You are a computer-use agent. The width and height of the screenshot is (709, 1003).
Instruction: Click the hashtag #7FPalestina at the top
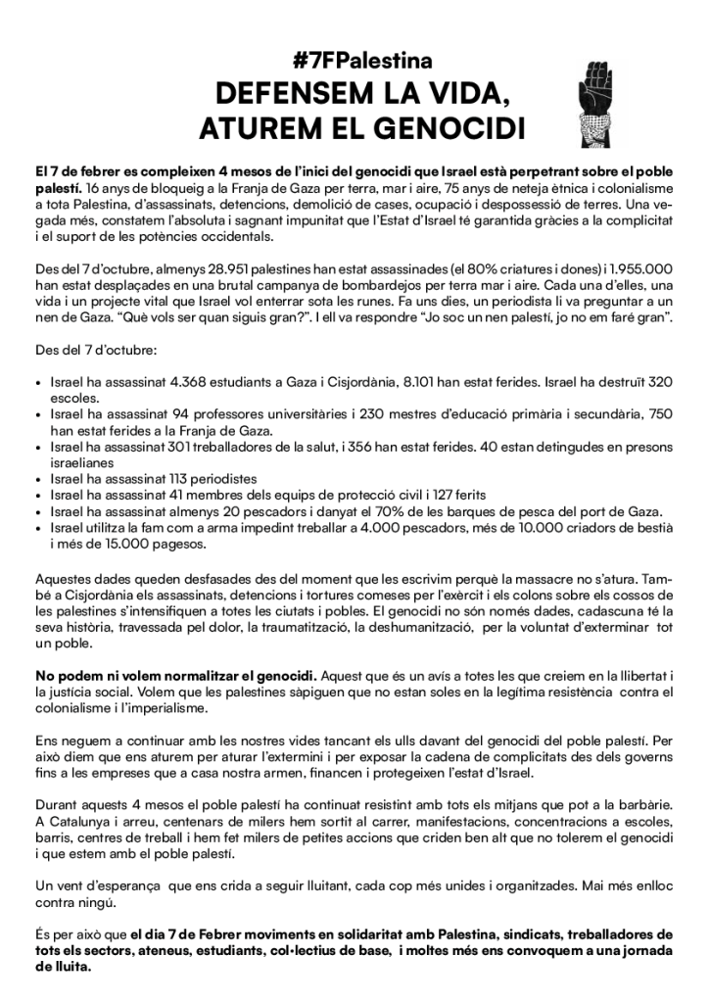(x=354, y=60)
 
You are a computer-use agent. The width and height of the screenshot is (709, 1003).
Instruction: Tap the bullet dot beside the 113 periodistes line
(x=38, y=480)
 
